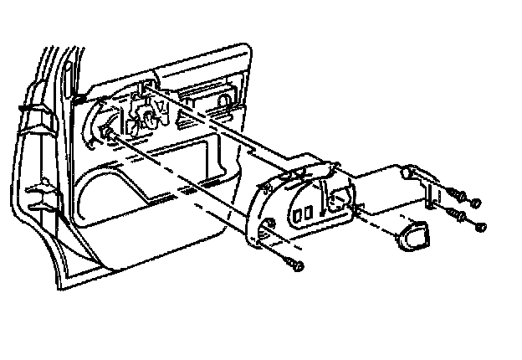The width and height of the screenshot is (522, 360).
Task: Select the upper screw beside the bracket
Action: click(x=457, y=193)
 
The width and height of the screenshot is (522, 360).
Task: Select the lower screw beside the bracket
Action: click(x=459, y=217)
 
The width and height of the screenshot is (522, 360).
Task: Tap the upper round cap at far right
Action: click(x=476, y=203)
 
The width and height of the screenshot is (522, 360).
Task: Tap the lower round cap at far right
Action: click(x=480, y=227)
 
